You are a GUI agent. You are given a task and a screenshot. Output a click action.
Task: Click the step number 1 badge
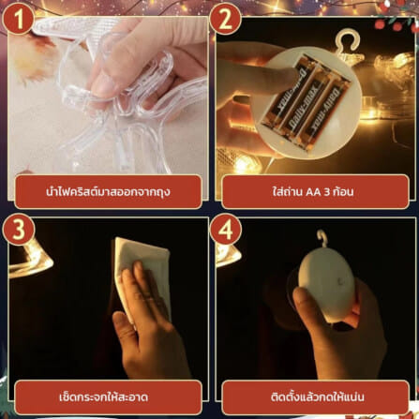tap(18, 20)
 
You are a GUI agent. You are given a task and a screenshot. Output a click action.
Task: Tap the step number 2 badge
tap(225, 20)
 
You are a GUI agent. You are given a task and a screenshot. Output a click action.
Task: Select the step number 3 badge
tap(18, 230)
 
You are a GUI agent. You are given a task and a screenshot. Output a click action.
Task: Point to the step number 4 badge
tap(225, 230)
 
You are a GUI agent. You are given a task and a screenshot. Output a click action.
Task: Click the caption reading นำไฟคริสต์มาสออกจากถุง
tap(108, 191)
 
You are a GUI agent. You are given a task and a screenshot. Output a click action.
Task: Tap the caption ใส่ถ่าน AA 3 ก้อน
tap(313, 191)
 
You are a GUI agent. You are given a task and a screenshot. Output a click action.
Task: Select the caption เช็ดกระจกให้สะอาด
tap(103, 397)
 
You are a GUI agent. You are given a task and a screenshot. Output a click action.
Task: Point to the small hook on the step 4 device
tap(322, 239)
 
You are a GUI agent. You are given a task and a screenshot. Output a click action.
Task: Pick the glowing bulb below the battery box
tap(247, 163)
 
